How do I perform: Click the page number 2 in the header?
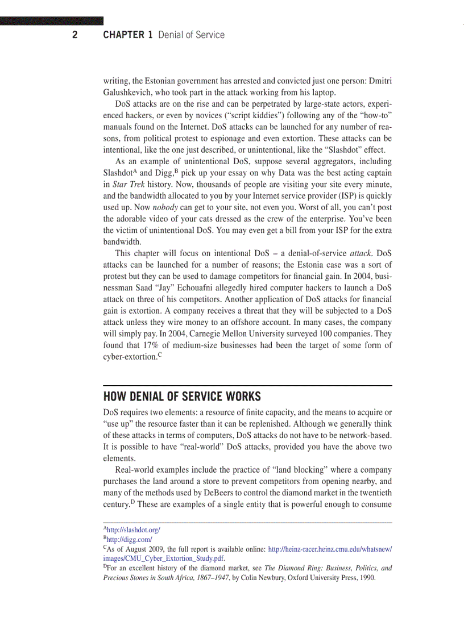74,35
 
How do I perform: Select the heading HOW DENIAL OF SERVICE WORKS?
182,396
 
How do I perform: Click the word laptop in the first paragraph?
323,92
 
